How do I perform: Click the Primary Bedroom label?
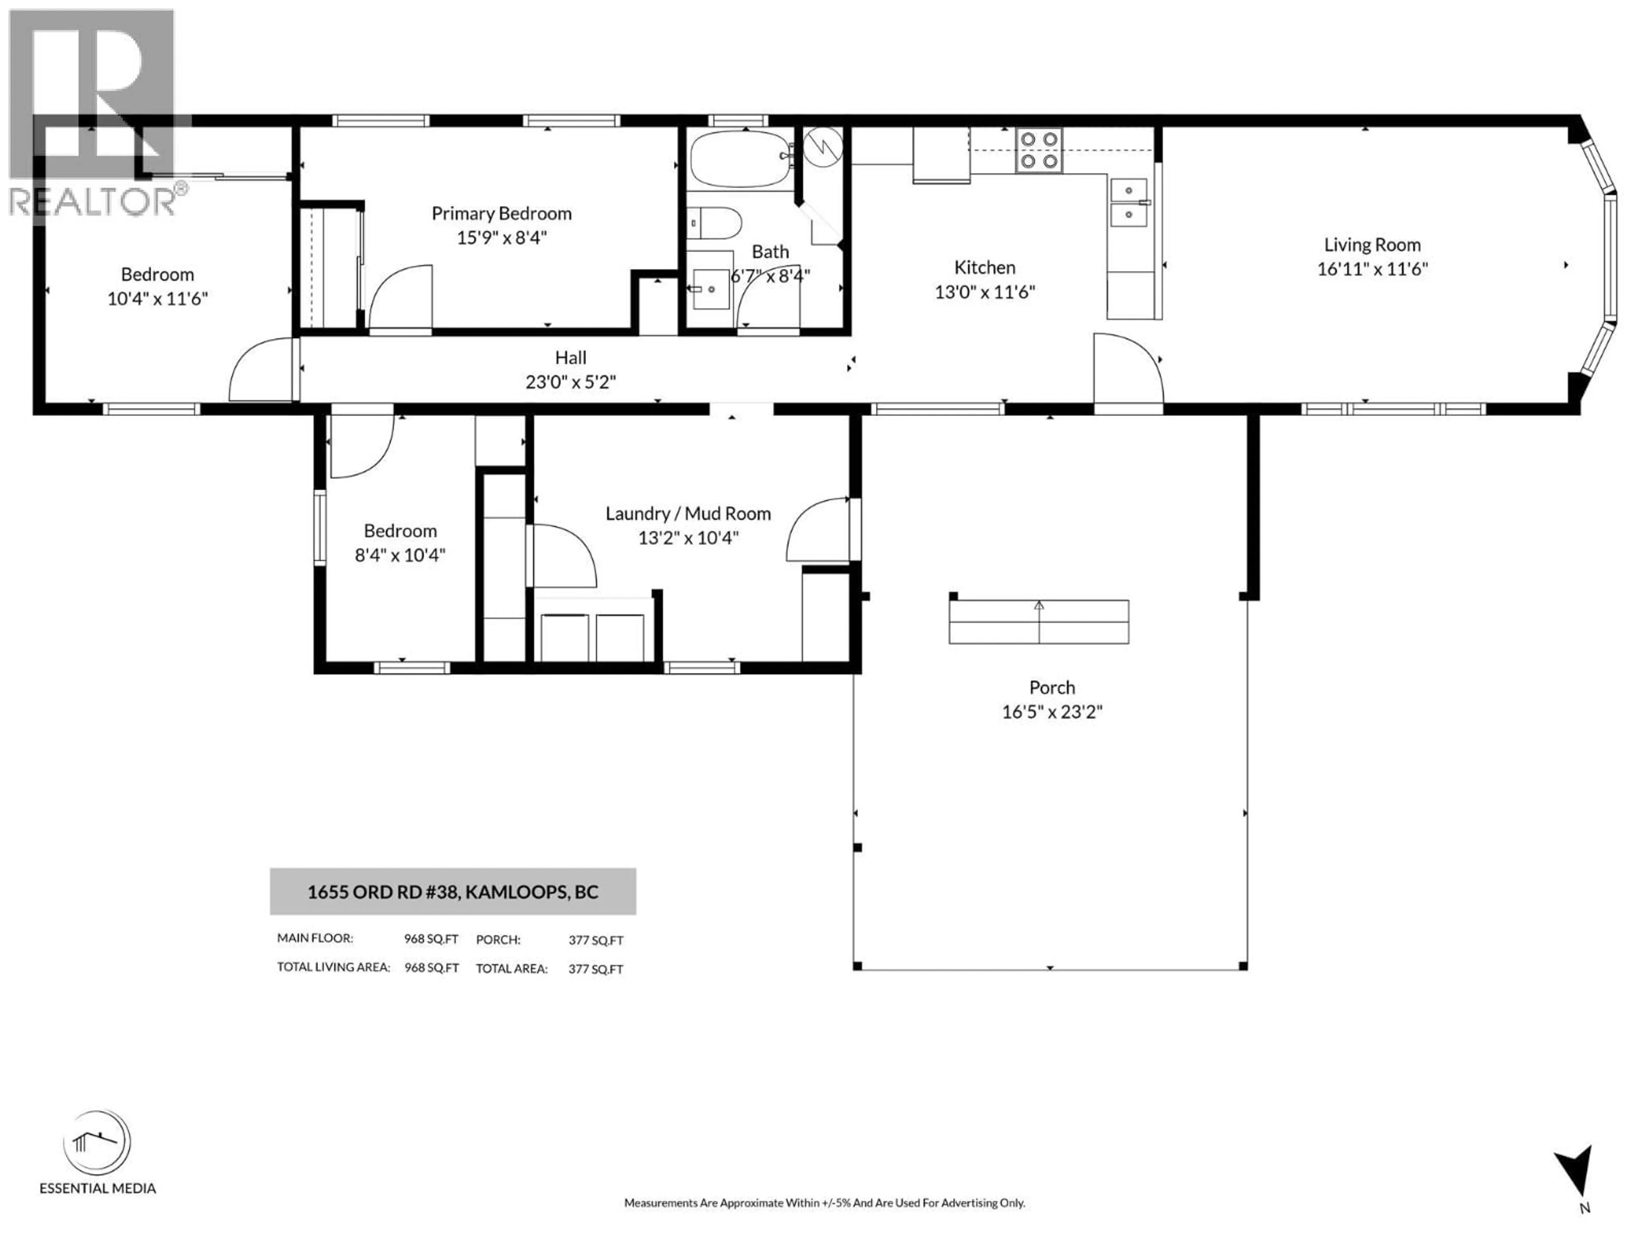click(501, 214)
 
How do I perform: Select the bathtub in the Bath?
click(741, 159)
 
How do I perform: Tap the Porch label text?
click(1051, 688)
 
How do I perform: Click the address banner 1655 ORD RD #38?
click(453, 892)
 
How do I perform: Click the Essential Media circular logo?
click(97, 1143)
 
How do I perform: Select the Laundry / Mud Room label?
click(688, 514)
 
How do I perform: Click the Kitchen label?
click(984, 268)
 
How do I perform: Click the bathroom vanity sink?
click(710, 289)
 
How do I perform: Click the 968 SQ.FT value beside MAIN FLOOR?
click(431, 939)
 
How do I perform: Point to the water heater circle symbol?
click(823, 146)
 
